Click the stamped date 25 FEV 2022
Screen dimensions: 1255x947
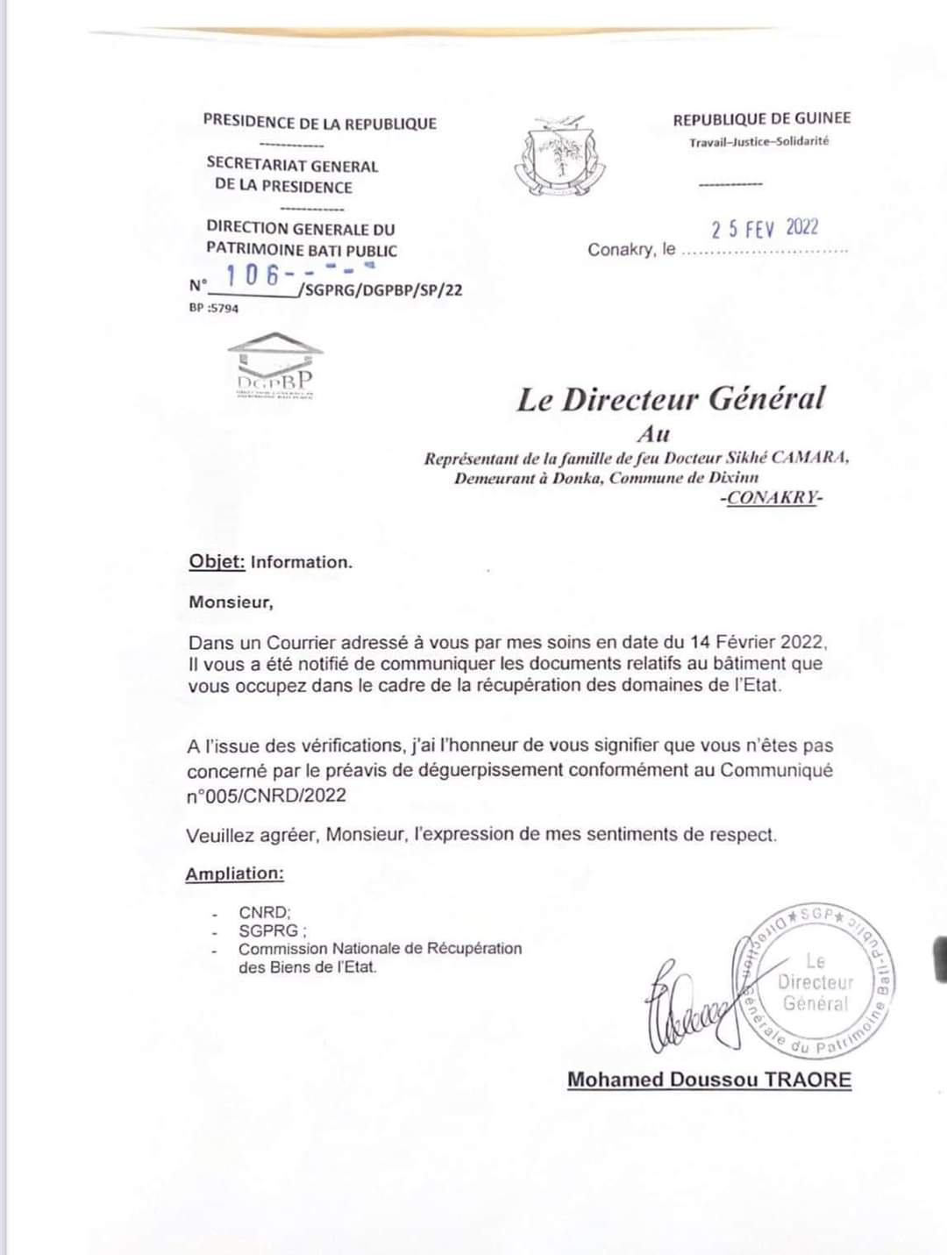click(765, 229)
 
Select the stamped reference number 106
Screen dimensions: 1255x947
click(253, 275)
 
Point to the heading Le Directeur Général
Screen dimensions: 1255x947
click(671, 400)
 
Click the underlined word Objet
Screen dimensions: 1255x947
click(217, 562)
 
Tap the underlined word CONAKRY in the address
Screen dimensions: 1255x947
click(773, 498)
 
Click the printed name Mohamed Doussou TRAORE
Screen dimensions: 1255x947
click(708, 1080)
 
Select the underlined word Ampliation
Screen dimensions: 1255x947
click(234, 874)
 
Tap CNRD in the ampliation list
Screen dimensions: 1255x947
click(264, 912)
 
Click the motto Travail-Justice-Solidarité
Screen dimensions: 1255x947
click(758, 141)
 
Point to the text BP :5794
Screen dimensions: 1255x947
click(213, 308)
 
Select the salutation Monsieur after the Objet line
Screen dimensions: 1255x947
click(231, 603)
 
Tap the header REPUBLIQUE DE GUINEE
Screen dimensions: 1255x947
click(761, 118)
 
